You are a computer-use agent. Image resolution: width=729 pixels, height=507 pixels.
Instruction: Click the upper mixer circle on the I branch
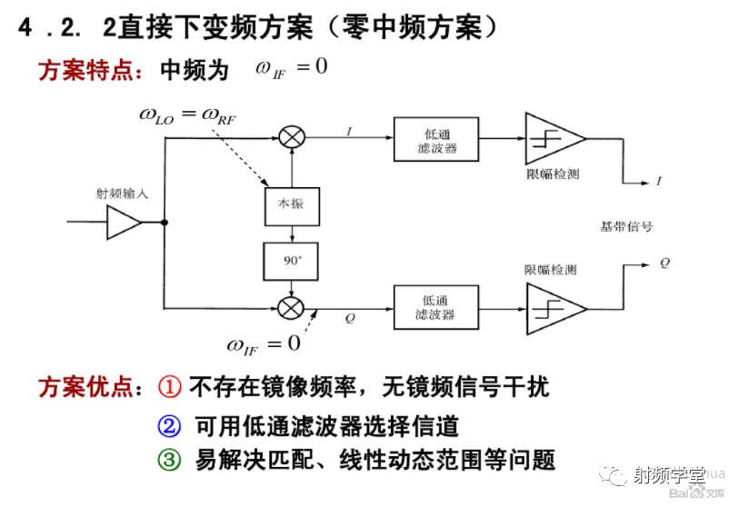click(291, 138)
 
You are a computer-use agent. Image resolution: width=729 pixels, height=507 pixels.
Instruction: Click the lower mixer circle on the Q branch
click(291, 307)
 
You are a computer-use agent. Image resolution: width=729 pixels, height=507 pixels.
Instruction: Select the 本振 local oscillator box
click(291, 204)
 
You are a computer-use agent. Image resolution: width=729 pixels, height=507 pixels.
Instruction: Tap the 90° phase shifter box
click(291, 261)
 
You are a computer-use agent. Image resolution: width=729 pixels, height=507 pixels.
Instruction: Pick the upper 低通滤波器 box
click(435, 139)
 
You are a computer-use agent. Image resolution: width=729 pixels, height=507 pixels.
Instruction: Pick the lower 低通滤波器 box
click(435, 307)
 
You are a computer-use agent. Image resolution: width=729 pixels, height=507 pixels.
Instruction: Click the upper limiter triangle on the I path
click(553, 138)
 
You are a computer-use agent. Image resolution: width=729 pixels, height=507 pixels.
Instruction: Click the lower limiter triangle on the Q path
click(553, 308)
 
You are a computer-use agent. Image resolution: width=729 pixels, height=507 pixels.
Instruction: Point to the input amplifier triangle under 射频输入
click(123, 222)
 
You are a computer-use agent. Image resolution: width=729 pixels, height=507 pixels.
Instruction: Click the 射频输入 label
click(122, 194)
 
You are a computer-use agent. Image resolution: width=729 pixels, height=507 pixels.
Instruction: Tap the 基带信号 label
click(626, 226)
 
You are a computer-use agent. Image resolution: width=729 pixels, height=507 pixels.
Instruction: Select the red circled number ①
click(170, 387)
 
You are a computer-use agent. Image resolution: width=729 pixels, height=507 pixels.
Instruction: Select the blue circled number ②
click(170, 425)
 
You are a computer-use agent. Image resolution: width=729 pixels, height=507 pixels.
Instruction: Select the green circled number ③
click(170, 460)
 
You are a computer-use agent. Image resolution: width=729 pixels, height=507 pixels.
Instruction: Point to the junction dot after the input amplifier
click(165, 222)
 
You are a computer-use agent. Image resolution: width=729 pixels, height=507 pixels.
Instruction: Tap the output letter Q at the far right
click(665, 262)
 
